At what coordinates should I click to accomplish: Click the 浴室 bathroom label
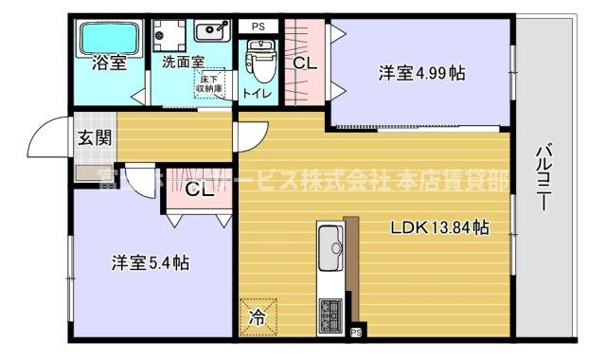[x=110, y=64]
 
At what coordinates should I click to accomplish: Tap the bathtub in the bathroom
[x=110, y=39]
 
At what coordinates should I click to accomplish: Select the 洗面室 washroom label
[x=182, y=63]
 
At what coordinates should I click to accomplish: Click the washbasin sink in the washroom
[x=212, y=32]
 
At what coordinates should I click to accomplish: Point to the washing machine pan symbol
[x=171, y=33]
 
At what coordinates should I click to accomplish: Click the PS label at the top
[x=258, y=26]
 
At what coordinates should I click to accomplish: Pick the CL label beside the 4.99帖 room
[x=304, y=64]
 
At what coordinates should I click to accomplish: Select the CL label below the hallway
[x=199, y=189]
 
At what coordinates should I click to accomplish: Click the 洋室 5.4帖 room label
[x=149, y=262]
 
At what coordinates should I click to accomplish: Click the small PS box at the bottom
[x=356, y=333]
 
